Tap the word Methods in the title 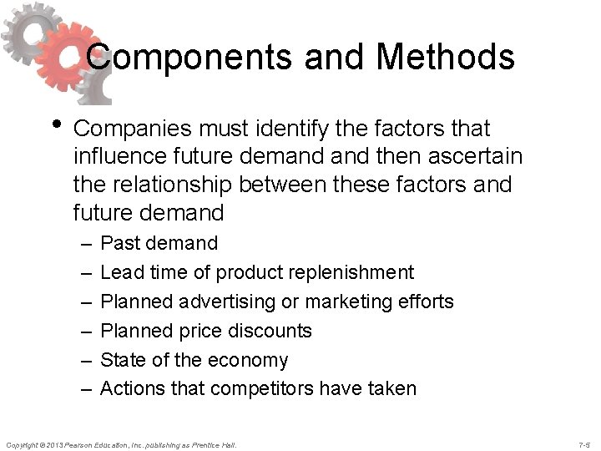coord(445,58)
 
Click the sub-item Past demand coord(159,243)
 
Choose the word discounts coord(271,331)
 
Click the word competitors coord(274,388)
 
